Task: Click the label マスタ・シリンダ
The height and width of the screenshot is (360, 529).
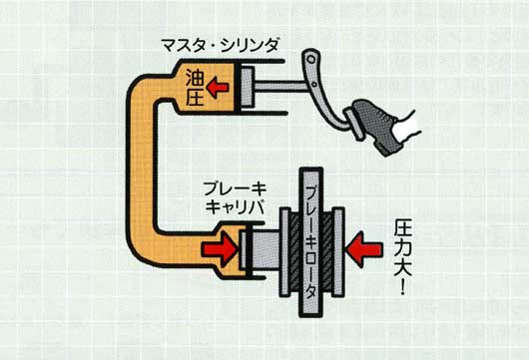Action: pyautogui.click(x=220, y=46)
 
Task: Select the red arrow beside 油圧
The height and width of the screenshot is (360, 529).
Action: pyautogui.click(x=218, y=87)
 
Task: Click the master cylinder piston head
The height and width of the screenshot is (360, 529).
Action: pyautogui.click(x=248, y=87)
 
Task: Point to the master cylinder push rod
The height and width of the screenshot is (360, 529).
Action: pyautogui.click(x=280, y=87)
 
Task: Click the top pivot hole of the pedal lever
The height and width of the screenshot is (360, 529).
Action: pyautogui.click(x=311, y=59)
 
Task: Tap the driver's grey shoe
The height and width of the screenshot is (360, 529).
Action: pyautogui.click(x=374, y=126)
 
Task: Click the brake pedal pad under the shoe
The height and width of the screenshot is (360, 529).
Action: pyautogui.click(x=353, y=125)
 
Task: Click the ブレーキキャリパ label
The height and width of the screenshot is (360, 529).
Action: pyautogui.click(x=235, y=198)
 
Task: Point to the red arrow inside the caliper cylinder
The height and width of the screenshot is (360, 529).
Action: pyautogui.click(x=220, y=249)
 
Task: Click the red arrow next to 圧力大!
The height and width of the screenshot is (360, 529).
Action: pyautogui.click(x=365, y=249)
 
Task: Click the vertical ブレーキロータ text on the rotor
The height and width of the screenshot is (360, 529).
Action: pyautogui.click(x=311, y=242)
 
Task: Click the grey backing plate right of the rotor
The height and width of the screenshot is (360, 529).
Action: pyautogui.click(x=338, y=252)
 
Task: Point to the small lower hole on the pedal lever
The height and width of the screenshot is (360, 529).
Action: pyautogui.click(x=314, y=84)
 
